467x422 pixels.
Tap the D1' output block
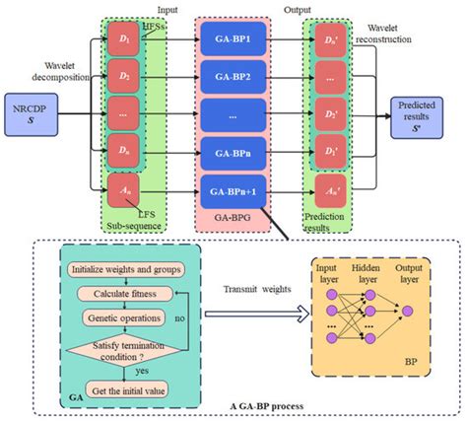[x=332, y=42]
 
